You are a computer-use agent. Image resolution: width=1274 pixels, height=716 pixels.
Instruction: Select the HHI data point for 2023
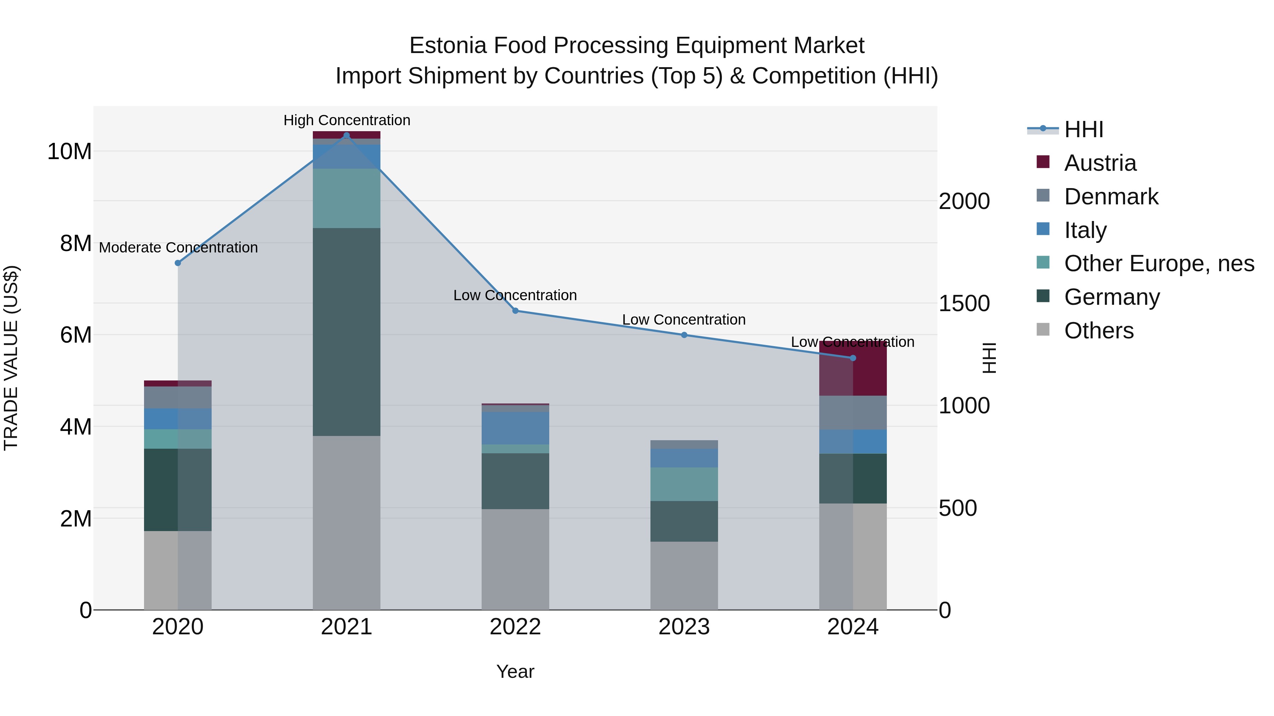[x=684, y=335]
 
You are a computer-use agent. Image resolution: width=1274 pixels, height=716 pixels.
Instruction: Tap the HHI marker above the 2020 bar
[x=178, y=263]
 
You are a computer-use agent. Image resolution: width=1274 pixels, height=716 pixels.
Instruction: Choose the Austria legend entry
[x=1100, y=163]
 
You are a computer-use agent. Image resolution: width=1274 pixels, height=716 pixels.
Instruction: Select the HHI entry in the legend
[x=1083, y=129]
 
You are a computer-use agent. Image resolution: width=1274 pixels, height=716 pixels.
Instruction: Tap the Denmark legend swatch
[x=1043, y=196]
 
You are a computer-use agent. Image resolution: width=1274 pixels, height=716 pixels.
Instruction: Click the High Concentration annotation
[x=347, y=120]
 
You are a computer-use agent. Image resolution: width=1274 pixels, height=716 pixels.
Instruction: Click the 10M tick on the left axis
[x=69, y=151]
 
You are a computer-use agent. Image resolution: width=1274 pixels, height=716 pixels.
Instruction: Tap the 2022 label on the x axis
[x=515, y=627]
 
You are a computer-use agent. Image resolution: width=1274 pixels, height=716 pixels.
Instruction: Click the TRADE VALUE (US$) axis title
[x=11, y=358]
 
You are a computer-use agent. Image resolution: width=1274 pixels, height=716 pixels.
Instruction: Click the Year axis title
[x=515, y=671]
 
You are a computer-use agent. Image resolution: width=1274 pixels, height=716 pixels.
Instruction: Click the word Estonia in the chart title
[x=448, y=46]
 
